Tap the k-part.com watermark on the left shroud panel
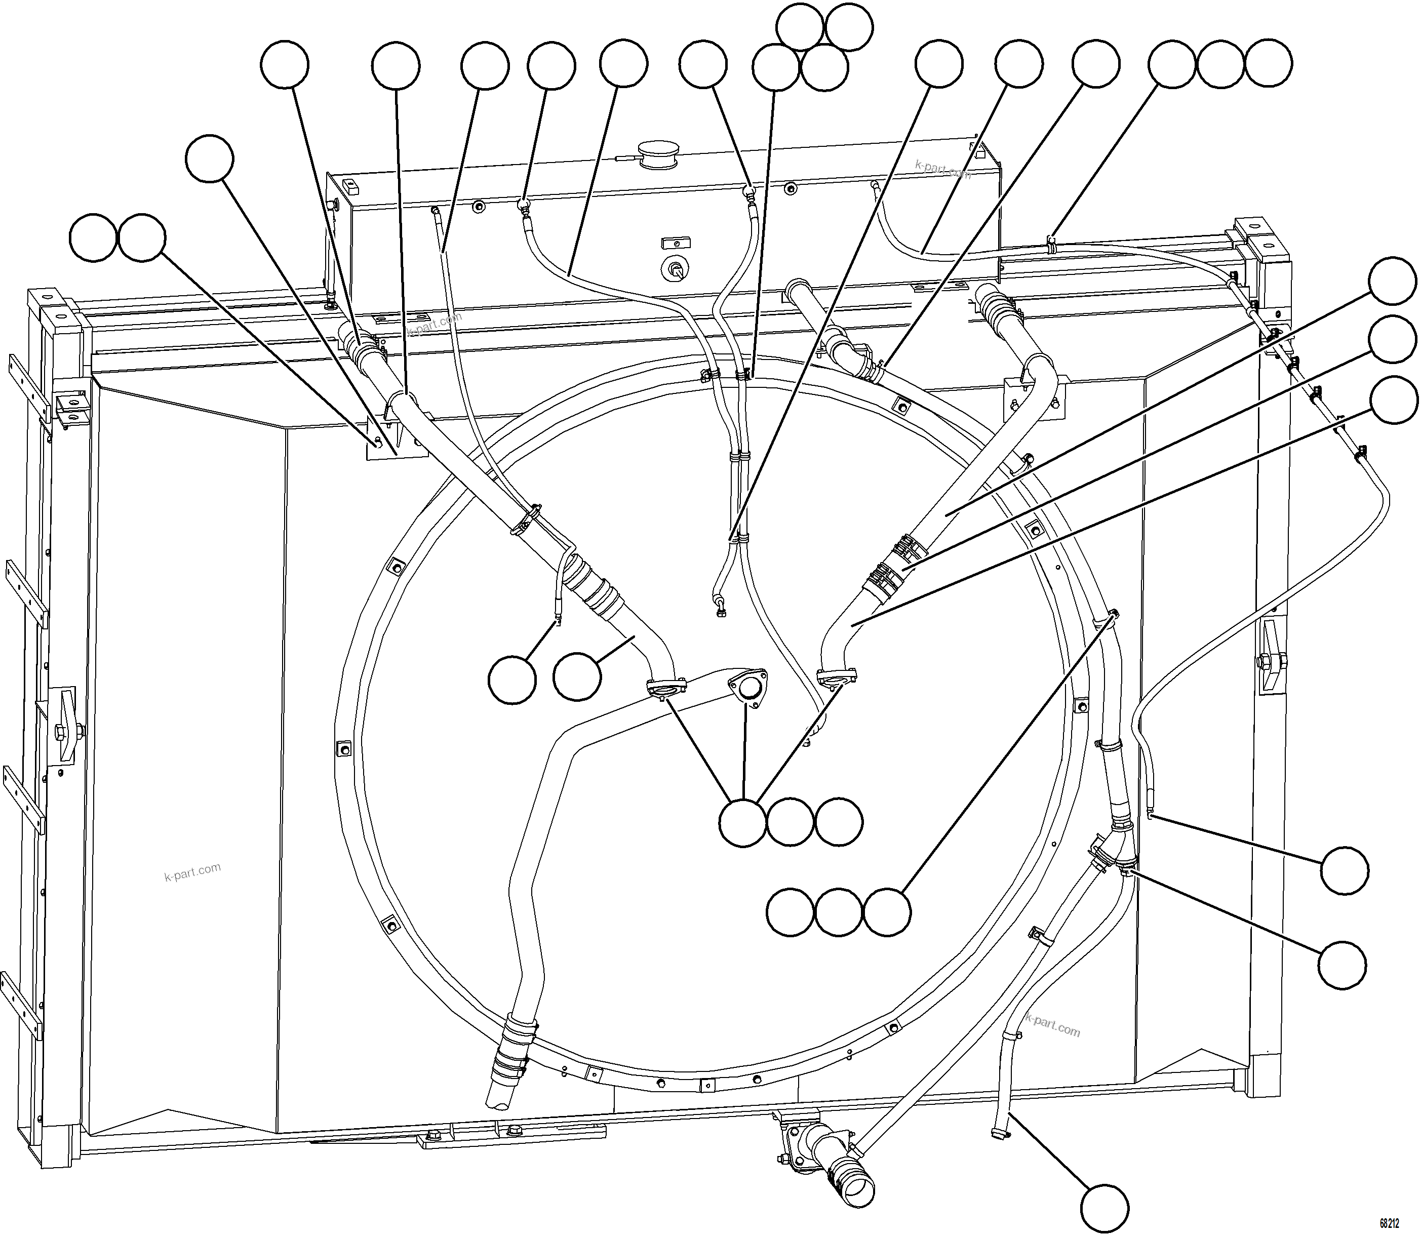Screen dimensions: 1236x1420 tap(192, 872)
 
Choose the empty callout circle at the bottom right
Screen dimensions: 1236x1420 tap(1104, 1207)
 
